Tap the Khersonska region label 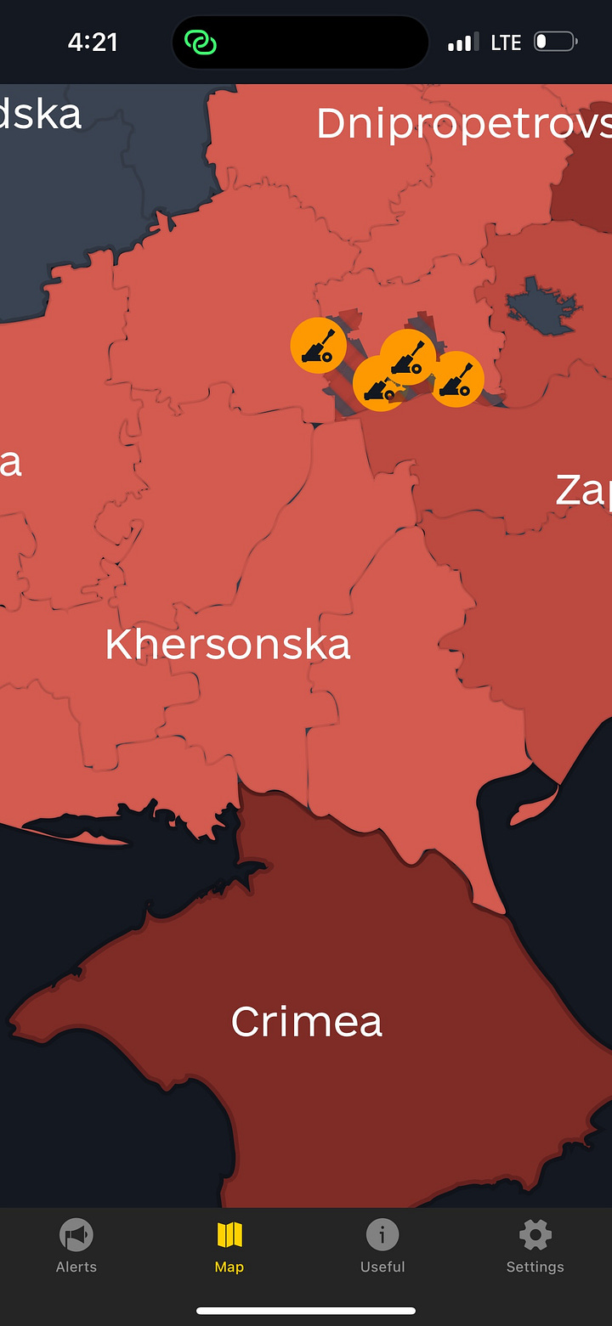(228, 645)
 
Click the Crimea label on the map (306, 1021)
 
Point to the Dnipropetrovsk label (463, 124)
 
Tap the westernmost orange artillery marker (318, 346)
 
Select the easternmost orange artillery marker (457, 379)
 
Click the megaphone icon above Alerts (76, 1234)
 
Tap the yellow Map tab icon (229, 1234)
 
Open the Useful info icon (382, 1234)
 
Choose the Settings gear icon (535, 1234)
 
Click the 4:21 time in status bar (93, 42)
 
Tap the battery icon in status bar (555, 42)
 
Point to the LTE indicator (506, 42)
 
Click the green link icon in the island (201, 42)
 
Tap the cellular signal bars (463, 42)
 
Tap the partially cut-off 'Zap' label (583, 490)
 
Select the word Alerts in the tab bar (76, 1267)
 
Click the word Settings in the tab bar (535, 1267)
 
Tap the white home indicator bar (306, 1311)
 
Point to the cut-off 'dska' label (41, 115)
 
